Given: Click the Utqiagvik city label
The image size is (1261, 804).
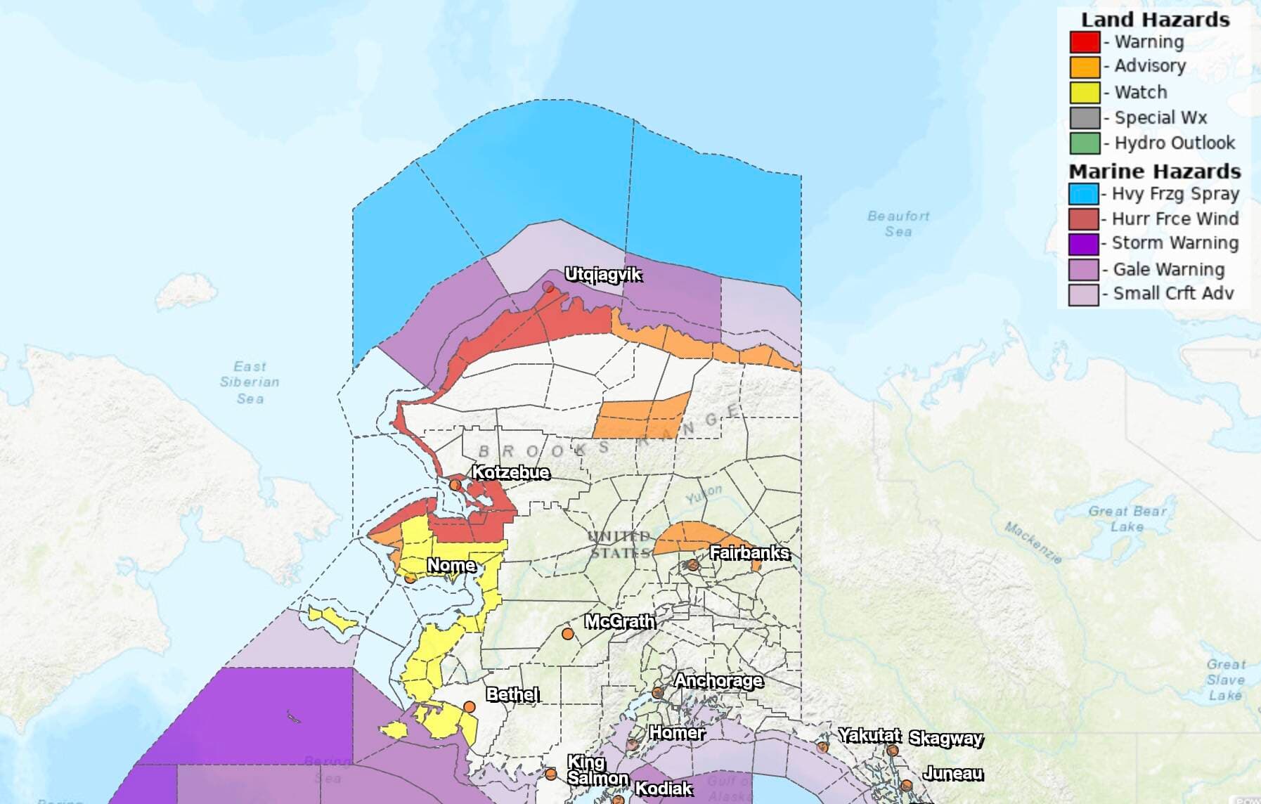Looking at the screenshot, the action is (603, 275).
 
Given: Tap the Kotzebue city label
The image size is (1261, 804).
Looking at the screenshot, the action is (510, 472).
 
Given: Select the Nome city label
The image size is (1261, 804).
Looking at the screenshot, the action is (451, 565).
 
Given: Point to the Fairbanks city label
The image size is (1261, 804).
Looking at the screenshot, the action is (749, 553).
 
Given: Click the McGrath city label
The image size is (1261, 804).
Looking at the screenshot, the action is (619, 621).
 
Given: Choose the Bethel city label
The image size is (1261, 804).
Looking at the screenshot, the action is (512, 694).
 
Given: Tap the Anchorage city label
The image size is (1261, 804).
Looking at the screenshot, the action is (718, 680).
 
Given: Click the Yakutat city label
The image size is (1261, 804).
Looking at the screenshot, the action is (869, 735).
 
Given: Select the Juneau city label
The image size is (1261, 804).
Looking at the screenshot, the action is (952, 773).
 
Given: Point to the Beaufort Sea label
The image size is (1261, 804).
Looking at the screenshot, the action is (898, 223).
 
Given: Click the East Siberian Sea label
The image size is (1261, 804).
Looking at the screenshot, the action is (250, 382).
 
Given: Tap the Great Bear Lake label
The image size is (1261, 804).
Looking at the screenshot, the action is (1127, 519).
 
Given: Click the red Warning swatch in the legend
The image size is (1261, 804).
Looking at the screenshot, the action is (1085, 42).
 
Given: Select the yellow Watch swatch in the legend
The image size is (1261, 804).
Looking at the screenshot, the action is (1085, 92).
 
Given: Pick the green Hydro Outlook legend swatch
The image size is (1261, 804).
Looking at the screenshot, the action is (1085, 143).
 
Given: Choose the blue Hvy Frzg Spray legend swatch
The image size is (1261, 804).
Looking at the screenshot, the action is (1083, 194).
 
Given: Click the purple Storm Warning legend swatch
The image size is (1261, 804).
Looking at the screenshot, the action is (1083, 244).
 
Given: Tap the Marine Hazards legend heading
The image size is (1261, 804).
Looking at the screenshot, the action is (1154, 171).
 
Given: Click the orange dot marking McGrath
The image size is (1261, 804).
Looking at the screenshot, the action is (567, 634).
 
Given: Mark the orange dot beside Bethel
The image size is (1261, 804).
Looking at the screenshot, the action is (470, 707).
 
